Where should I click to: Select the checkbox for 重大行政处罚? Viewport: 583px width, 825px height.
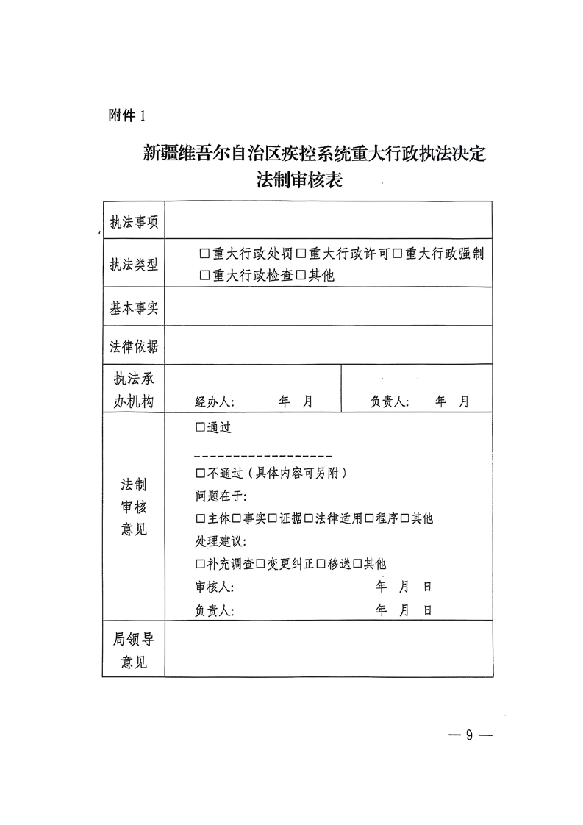click(204, 254)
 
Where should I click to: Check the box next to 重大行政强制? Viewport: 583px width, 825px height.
click(396, 254)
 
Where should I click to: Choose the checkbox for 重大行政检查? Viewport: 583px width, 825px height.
click(204, 276)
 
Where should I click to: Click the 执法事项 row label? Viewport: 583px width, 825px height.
click(134, 223)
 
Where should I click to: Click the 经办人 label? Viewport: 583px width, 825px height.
click(214, 402)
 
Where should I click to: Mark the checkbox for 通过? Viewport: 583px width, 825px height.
click(201, 427)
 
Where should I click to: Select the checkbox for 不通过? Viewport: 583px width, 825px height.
click(201, 474)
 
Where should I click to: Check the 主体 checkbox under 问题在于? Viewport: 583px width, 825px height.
click(201, 518)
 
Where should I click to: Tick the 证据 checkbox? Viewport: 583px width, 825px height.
click(272, 518)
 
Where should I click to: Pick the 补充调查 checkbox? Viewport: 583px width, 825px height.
click(201, 564)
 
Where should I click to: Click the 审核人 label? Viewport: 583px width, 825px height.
click(214, 587)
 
